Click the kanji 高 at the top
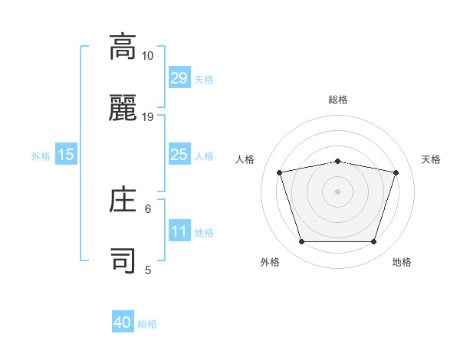pos(123,48)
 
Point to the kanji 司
pos(123,261)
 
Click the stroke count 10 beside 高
pos(148,56)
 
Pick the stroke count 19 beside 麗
pos(148,117)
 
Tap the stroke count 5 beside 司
pos(148,270)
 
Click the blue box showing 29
pos(179,78)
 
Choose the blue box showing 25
pos(179,155)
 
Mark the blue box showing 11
pos(179,231)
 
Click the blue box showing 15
pos(66,155)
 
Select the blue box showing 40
pos(123,323)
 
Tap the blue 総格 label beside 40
pos(147,324)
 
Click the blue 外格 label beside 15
pos(41,156)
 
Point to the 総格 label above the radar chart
pos(338,100)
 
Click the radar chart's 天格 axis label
pos(431,159)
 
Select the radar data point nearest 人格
pos(280,172)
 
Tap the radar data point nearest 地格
pos(373,242)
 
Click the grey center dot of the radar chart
pos(338,191)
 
